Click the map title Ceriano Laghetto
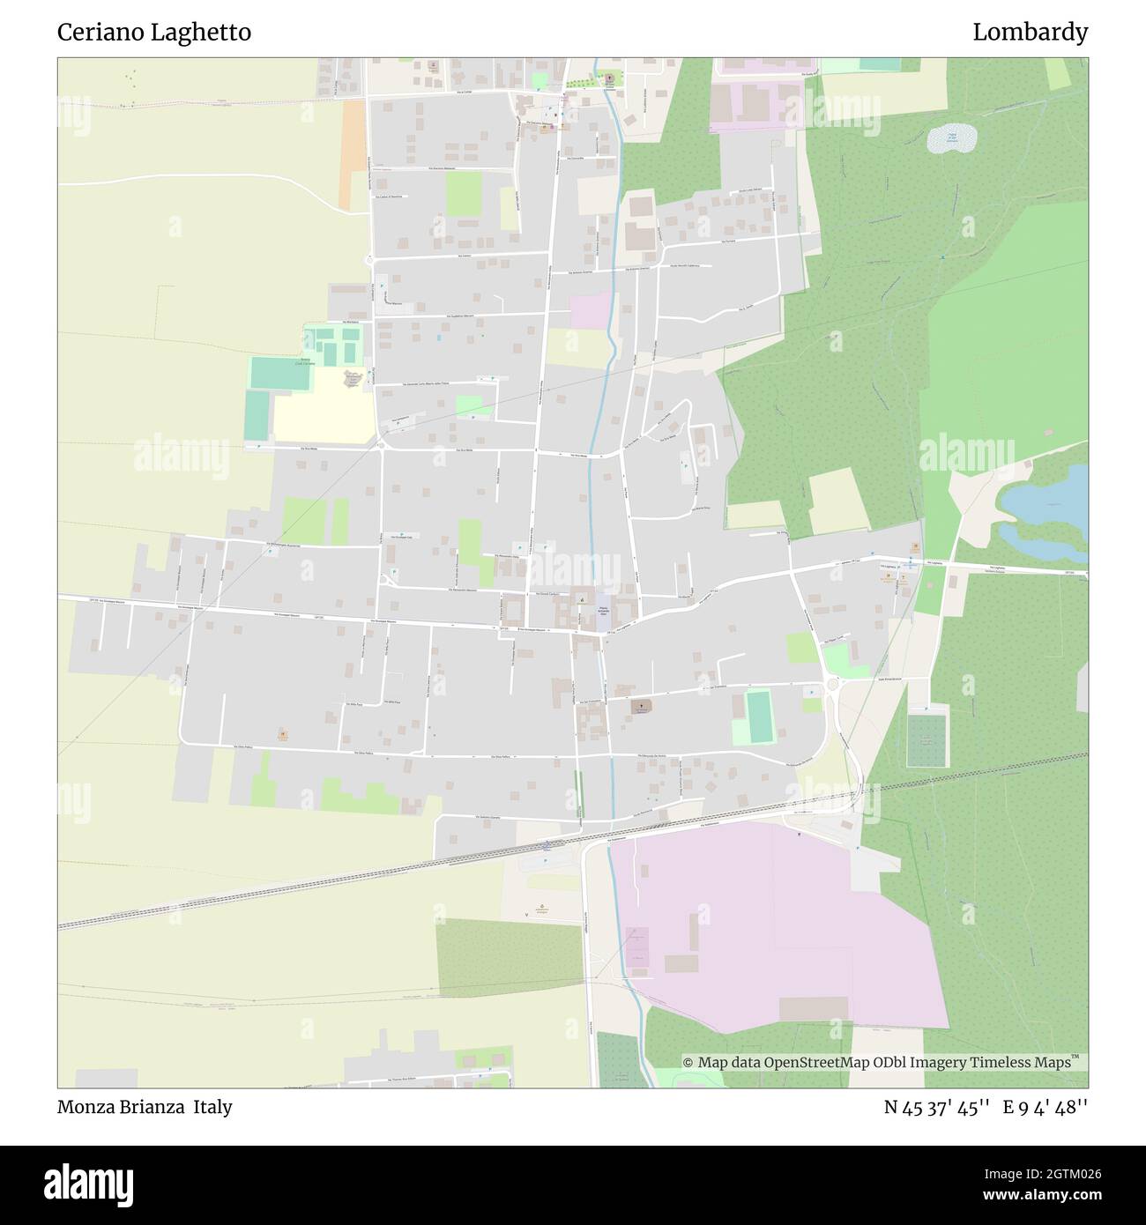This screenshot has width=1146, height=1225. pos(154,33)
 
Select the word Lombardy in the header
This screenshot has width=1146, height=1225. pos(1030,33)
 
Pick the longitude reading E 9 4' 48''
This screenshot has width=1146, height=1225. pos(1045,1108)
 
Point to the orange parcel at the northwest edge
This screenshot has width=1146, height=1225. pos(353,154)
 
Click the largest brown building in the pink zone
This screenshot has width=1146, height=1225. pos(813,1008)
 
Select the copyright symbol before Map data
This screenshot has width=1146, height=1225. pos(689,1063)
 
